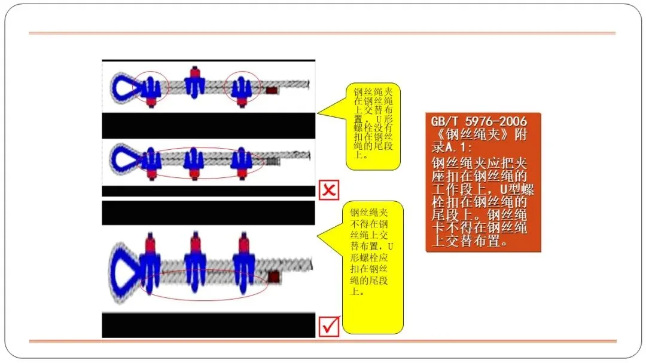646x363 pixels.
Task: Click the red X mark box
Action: click(329, 190)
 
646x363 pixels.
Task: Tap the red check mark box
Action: click(330, 326)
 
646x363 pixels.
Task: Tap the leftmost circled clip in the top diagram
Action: click(150, 88)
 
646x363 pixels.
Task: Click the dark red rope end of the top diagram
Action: click(271, 90)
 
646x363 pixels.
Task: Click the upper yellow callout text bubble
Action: click(373, 126)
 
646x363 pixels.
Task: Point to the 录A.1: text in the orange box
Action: click(452, 147)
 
